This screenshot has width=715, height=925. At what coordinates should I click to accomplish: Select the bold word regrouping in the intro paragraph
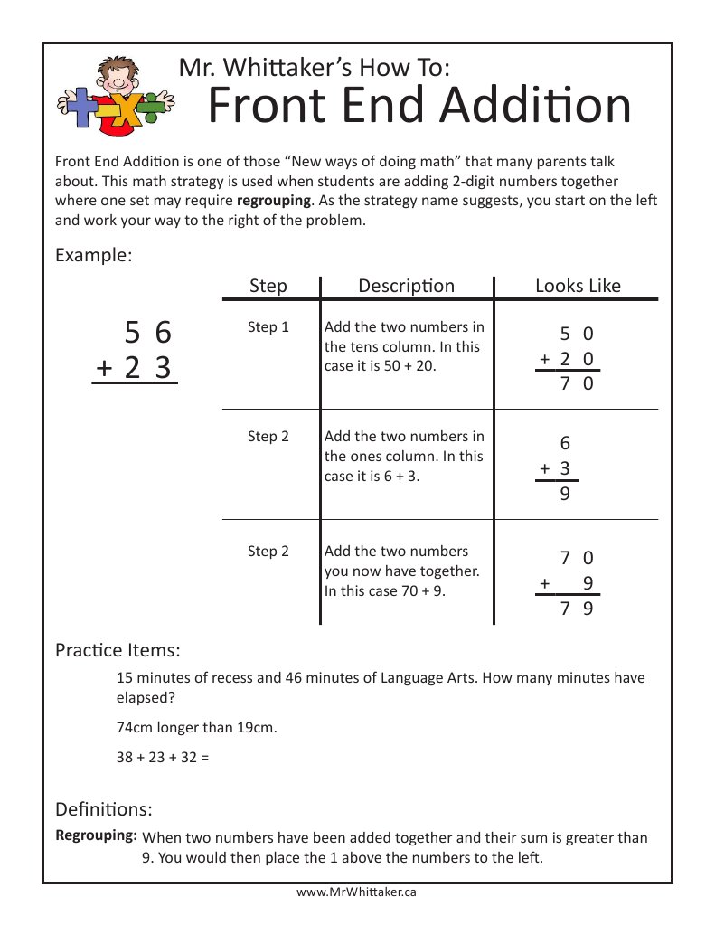pyautogui.click(x=274, y=199)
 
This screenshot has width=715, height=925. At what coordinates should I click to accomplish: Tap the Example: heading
pyautogui.click(x=94, y=255)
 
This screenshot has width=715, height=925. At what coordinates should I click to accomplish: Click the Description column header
pyautogui.click(x=406, y=286)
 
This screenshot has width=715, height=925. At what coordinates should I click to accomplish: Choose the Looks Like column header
pyautogui.click(x=578, y=286)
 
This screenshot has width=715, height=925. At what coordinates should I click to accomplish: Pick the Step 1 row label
pyautogui.click(x=268, y=326)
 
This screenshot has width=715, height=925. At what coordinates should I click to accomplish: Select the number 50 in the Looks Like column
pyautogui.click(x=576, y=334)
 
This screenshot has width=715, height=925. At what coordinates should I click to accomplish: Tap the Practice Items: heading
pyautogui.click(x=118, y=649)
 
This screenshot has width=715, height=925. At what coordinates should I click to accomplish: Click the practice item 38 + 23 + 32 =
pyautogui.click(x=163, y=757)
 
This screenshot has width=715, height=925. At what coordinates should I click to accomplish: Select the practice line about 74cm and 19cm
pyautogui.click(x=196, y=727)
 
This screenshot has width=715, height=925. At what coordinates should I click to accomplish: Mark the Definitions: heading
pyautogui.click(x=103, y=807)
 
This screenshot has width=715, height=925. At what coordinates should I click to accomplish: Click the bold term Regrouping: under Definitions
pyautogui.click(x=96, y=835)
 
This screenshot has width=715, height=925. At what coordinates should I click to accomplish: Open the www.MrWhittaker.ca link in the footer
pyautogui.click(x=356, y=892)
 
